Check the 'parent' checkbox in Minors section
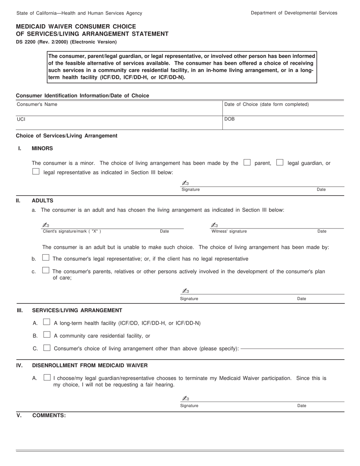pos(247,163)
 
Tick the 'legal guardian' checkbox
pos(280,163)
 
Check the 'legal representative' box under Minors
pos(36,171)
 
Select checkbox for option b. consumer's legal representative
pos(46,258)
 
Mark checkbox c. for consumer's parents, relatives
pos(46,271)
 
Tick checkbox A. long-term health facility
pos(47,322)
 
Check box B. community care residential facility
pos(47,335)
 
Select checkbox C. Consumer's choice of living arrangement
pos(47,348)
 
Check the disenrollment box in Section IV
pos(47,377)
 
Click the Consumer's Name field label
pos(37,105)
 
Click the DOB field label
pos(230,119)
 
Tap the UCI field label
pos(21,119)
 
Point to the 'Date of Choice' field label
pos(266,105)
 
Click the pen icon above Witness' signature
pos(214,225)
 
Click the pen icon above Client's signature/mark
pos(46,225)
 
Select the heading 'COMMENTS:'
pos(49,416)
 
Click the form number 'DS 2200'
pos(27,42)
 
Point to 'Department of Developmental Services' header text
pos(294,13)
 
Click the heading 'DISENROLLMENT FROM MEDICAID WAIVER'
pos(90,366)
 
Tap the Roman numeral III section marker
pos(20,311)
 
